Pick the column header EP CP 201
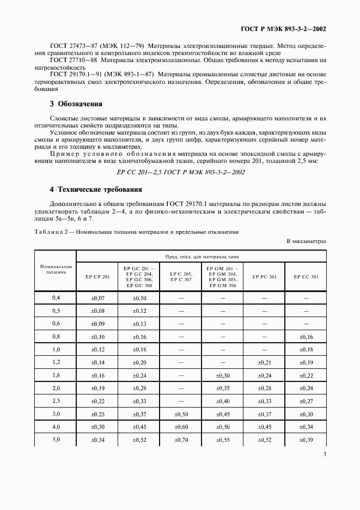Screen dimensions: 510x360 pyautogui.click(x=97, y=277)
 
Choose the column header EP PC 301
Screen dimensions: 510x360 pyautogui.click(x=264, y=277)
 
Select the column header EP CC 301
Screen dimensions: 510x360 pyautogui.click(x=306, y=277)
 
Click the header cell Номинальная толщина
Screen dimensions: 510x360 pyautogui.click(x=56, y=267)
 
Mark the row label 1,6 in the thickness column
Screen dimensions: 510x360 pyautogui.click(x=56, y=375)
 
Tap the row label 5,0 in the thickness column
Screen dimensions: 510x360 pyautogui.click(x=56, y=440)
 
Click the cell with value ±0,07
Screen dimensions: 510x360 pyautogui.click(x=97, y=298)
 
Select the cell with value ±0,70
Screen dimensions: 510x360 pyautogui.click(x=181, y=440)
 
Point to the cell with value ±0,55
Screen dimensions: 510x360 pyautogui.click(x=222, y=440)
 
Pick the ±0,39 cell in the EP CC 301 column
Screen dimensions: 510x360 pyautogui.click(x=306, y=440)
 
